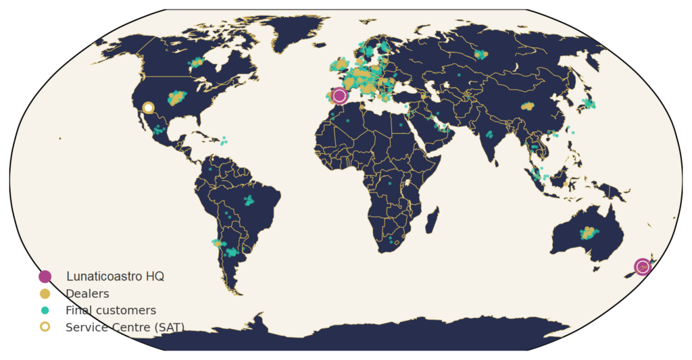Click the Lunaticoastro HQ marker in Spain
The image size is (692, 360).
click(339, 96)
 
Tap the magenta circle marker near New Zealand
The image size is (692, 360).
click(642, 267)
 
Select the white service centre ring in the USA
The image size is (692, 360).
click(148, 107)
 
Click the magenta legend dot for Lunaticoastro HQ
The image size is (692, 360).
click(45, 276)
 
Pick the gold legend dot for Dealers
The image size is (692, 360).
click(45, 294)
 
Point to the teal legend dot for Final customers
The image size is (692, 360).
click(45, 311)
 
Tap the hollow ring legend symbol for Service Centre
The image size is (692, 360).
click(45, 327)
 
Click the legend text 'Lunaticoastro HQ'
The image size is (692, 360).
click(115, 276)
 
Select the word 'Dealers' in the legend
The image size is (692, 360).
click(87, 294)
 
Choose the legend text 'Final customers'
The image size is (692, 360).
click(110, 311)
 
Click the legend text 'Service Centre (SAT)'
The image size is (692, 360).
click(124, 328)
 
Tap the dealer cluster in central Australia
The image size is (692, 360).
click(588, 233)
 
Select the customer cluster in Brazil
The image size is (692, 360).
click(249, 200)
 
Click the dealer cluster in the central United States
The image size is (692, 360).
click(176, 98)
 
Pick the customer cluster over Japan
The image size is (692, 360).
click(589, 104)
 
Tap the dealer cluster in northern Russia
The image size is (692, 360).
click(480, 54)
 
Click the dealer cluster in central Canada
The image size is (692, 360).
click(196, 63)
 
